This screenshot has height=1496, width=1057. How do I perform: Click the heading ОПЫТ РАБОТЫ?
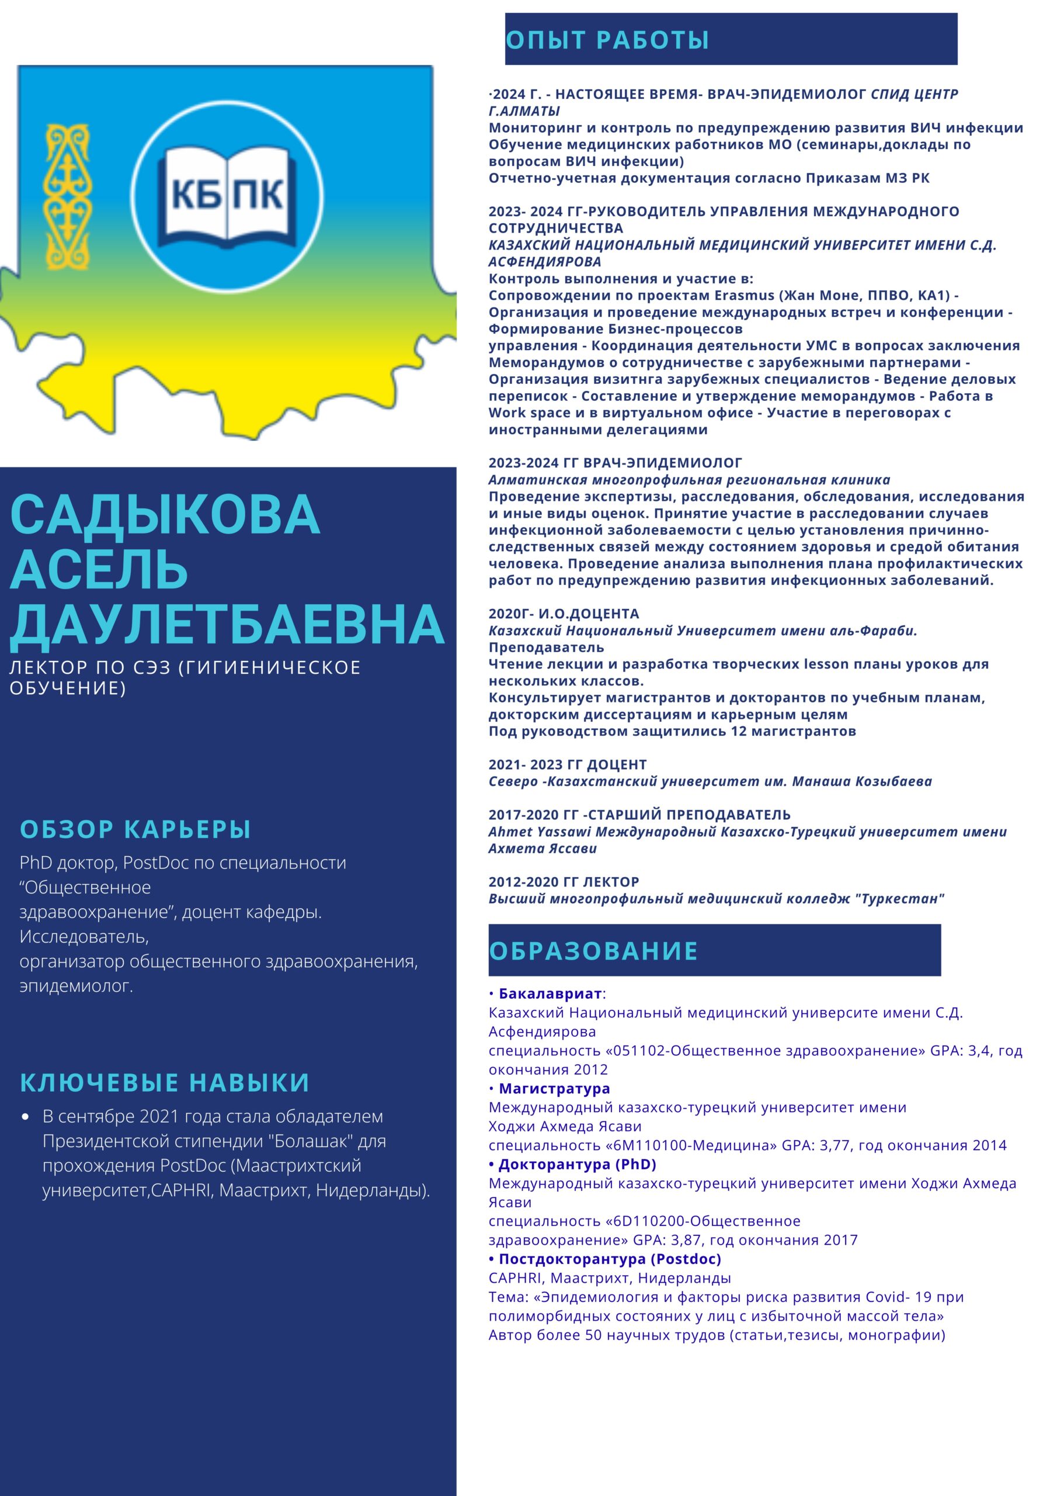(607, 40)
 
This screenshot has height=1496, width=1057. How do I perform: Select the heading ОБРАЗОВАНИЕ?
(593, 951)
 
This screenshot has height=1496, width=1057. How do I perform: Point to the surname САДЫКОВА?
(165, 515)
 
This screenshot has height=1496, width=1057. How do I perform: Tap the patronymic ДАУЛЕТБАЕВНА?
(227, 624)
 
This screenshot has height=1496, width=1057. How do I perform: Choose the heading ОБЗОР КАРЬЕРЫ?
(135, 829)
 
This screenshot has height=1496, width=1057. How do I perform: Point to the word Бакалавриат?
(550, 993)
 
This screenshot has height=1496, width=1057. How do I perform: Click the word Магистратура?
(554, 1088)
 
